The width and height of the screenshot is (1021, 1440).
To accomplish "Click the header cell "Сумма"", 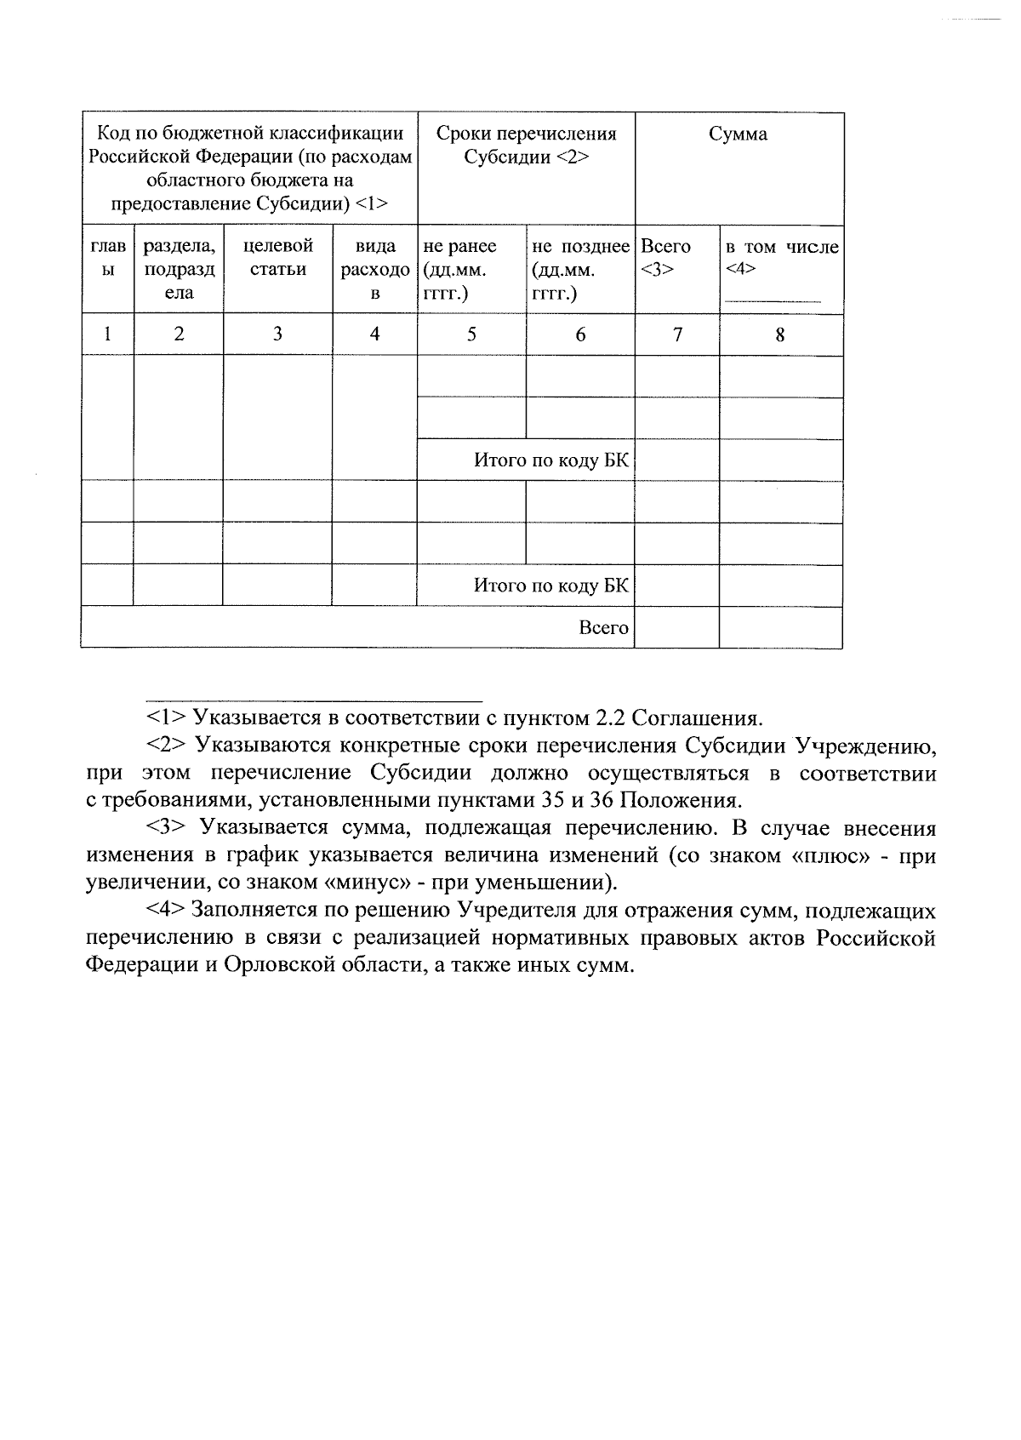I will click(x=738, y=134).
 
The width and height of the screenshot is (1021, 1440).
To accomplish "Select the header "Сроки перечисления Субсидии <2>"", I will click(x=526, y=146).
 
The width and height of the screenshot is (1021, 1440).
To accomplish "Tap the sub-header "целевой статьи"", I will click(x=277, y=257).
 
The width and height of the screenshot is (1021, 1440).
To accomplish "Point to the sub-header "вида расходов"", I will click(x=374, y=269).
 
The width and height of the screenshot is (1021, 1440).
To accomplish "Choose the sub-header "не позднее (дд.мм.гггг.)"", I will click(x=580, y=269).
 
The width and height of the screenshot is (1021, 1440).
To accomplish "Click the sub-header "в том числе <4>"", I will click(x=781, y=257).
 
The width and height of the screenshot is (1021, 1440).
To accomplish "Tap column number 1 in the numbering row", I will click(x=107, y=334).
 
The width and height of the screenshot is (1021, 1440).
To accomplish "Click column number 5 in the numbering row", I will click(x=471, y=334).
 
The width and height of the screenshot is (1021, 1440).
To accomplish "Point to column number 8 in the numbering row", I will click(x=780, y=334).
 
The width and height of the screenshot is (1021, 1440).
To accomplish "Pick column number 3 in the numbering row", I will click(x=277, y=334).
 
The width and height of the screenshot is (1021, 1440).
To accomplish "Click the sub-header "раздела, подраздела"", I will click(x=179, y=269).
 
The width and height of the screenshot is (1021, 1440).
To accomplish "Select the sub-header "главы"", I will click(x=107, y=257).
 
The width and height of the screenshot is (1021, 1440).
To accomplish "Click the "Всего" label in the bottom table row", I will click(x=603, y=628).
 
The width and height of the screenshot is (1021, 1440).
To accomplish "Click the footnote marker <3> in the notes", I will click(x=167, y=828).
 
